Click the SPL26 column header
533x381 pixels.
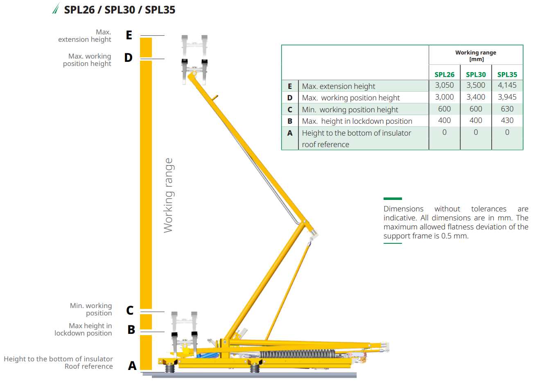point(444,75)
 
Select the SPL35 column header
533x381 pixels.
point(507,75)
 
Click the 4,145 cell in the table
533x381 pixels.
point(507,85)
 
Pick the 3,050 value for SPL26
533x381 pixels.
point(444,85)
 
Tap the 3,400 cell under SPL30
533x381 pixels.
point(476,97)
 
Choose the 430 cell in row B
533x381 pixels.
point(507,120)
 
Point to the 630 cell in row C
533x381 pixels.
point(507,109)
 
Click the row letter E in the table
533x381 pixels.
point(290,86)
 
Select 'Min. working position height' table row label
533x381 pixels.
point(350,109)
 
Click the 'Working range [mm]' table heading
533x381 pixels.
point(476,56)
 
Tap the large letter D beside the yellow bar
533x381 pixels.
point(128,58)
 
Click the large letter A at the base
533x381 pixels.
point(132,365)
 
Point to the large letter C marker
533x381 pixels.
point(130,311)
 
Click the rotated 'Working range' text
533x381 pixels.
point(168,195)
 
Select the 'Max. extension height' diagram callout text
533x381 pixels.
point(85,36)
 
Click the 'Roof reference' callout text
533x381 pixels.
point(88,366)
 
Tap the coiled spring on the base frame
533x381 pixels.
point(297,354)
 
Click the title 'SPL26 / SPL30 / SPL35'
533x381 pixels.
point(120,10)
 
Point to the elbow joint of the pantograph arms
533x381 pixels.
point(304,222)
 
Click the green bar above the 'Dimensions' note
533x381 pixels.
point(393,199)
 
